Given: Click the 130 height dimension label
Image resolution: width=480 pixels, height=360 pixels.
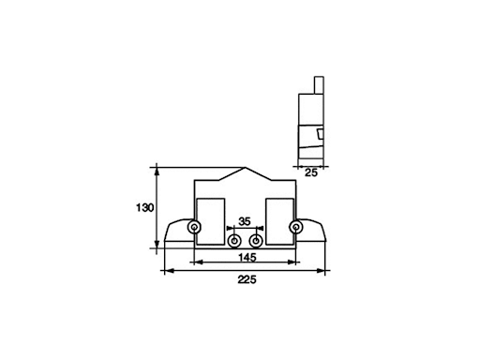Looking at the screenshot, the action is click(145, 208).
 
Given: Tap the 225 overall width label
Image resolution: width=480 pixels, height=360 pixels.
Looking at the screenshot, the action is click(247, 279).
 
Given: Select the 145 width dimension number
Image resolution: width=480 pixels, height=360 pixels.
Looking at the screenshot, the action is click(247, 257).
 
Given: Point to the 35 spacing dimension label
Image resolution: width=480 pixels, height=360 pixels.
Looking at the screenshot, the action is click(245, 221).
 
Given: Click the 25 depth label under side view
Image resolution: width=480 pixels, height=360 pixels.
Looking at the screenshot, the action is click(311, 172).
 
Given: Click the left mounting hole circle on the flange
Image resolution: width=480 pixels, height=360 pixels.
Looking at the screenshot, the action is click(194, 227).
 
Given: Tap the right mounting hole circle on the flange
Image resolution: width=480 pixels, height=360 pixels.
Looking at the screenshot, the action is click(295, 227).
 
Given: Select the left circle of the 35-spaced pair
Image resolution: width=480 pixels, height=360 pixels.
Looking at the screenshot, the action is click(233, 241).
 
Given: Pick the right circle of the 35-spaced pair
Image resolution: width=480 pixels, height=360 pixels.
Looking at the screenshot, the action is click(256, 241).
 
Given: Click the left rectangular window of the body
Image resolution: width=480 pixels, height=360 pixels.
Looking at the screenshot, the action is click(210, 221).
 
